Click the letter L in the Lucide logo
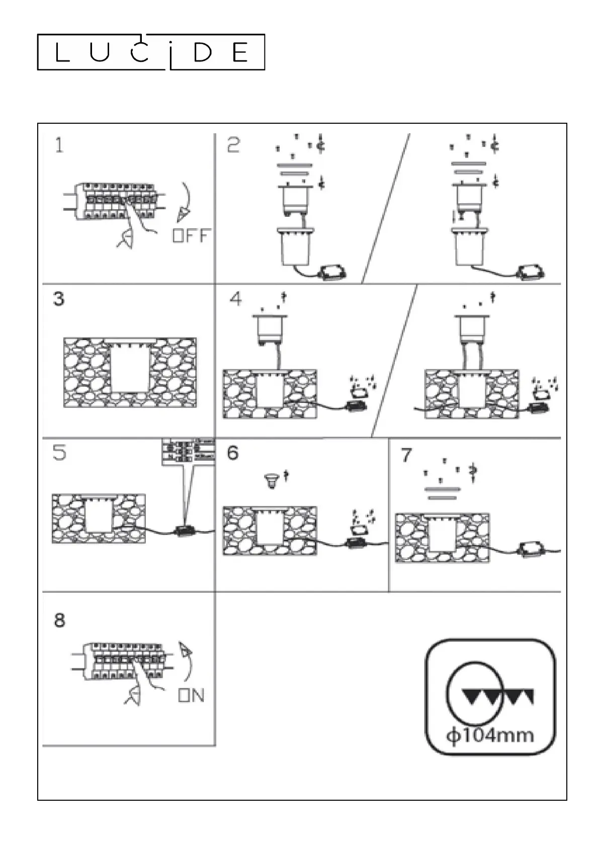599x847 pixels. (61, 53)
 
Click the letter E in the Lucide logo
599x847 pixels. (240, 53)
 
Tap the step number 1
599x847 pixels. (59, 145)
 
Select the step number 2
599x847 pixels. (233, 145)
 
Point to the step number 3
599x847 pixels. (59, 299)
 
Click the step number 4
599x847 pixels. (235, 299)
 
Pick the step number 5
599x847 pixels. (59, 453)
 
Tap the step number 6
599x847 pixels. (232, 453)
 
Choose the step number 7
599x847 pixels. (406, 455)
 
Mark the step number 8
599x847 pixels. (59, 620)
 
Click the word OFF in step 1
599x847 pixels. (191, 235)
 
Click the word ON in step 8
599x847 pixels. (191, 696)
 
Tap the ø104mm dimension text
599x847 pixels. (490, 735)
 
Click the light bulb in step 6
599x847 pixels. (272, 481)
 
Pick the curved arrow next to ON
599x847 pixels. (187, 661)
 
